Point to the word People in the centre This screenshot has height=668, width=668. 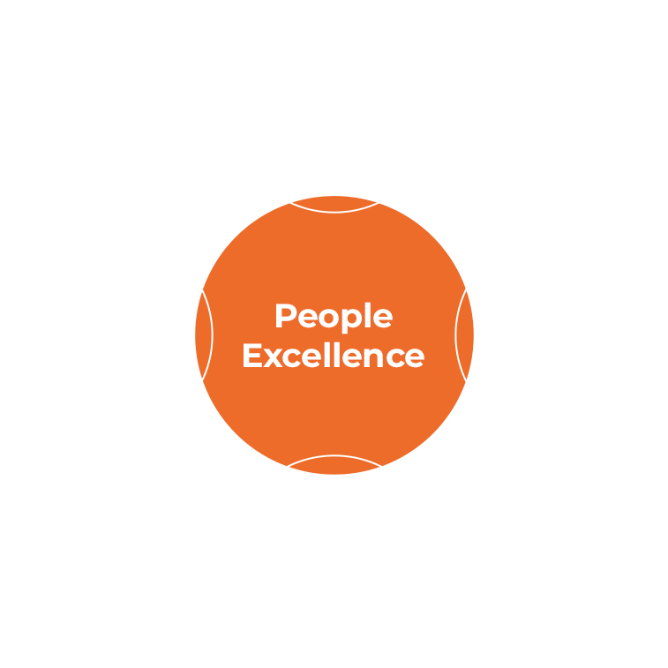point(334,316)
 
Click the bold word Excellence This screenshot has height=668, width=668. point(334,356)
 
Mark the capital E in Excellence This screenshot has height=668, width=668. point(252,356)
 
